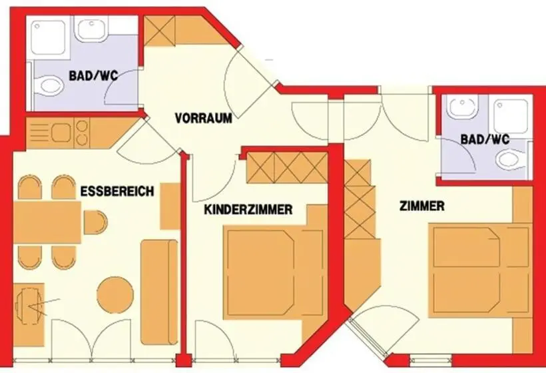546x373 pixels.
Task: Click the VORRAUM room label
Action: click(204, 118)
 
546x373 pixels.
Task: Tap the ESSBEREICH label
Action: click(117, 191)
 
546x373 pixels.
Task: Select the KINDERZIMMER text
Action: click(248, 210)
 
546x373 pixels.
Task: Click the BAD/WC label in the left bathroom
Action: click(93, 75)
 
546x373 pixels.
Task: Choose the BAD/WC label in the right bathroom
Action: click(485, 139)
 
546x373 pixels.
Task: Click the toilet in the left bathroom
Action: click(48, 85)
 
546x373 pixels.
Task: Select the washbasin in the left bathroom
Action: click(91, 29)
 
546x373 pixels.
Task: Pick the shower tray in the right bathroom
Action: click(511, 116)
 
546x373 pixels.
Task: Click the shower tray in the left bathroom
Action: click(48, 37)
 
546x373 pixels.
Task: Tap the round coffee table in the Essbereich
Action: click(115, 294)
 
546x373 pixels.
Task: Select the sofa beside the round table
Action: click(159, 292)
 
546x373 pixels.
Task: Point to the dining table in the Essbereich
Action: click(47, 222)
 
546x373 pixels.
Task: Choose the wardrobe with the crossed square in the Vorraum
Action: click(160, 31)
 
